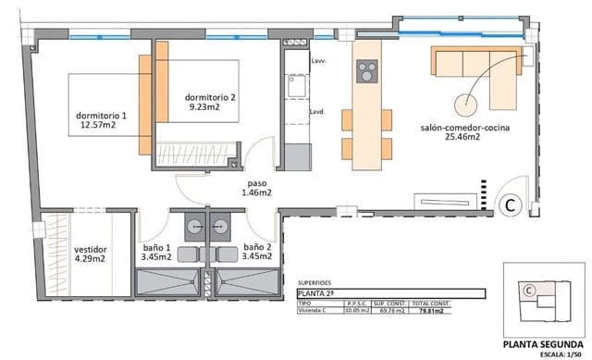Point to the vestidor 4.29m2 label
point(91,255)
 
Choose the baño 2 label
point(256,253)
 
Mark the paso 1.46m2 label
point(256,188)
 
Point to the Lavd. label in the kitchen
point(315,112)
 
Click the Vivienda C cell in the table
point(314,312)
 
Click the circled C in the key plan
point(528,290)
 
